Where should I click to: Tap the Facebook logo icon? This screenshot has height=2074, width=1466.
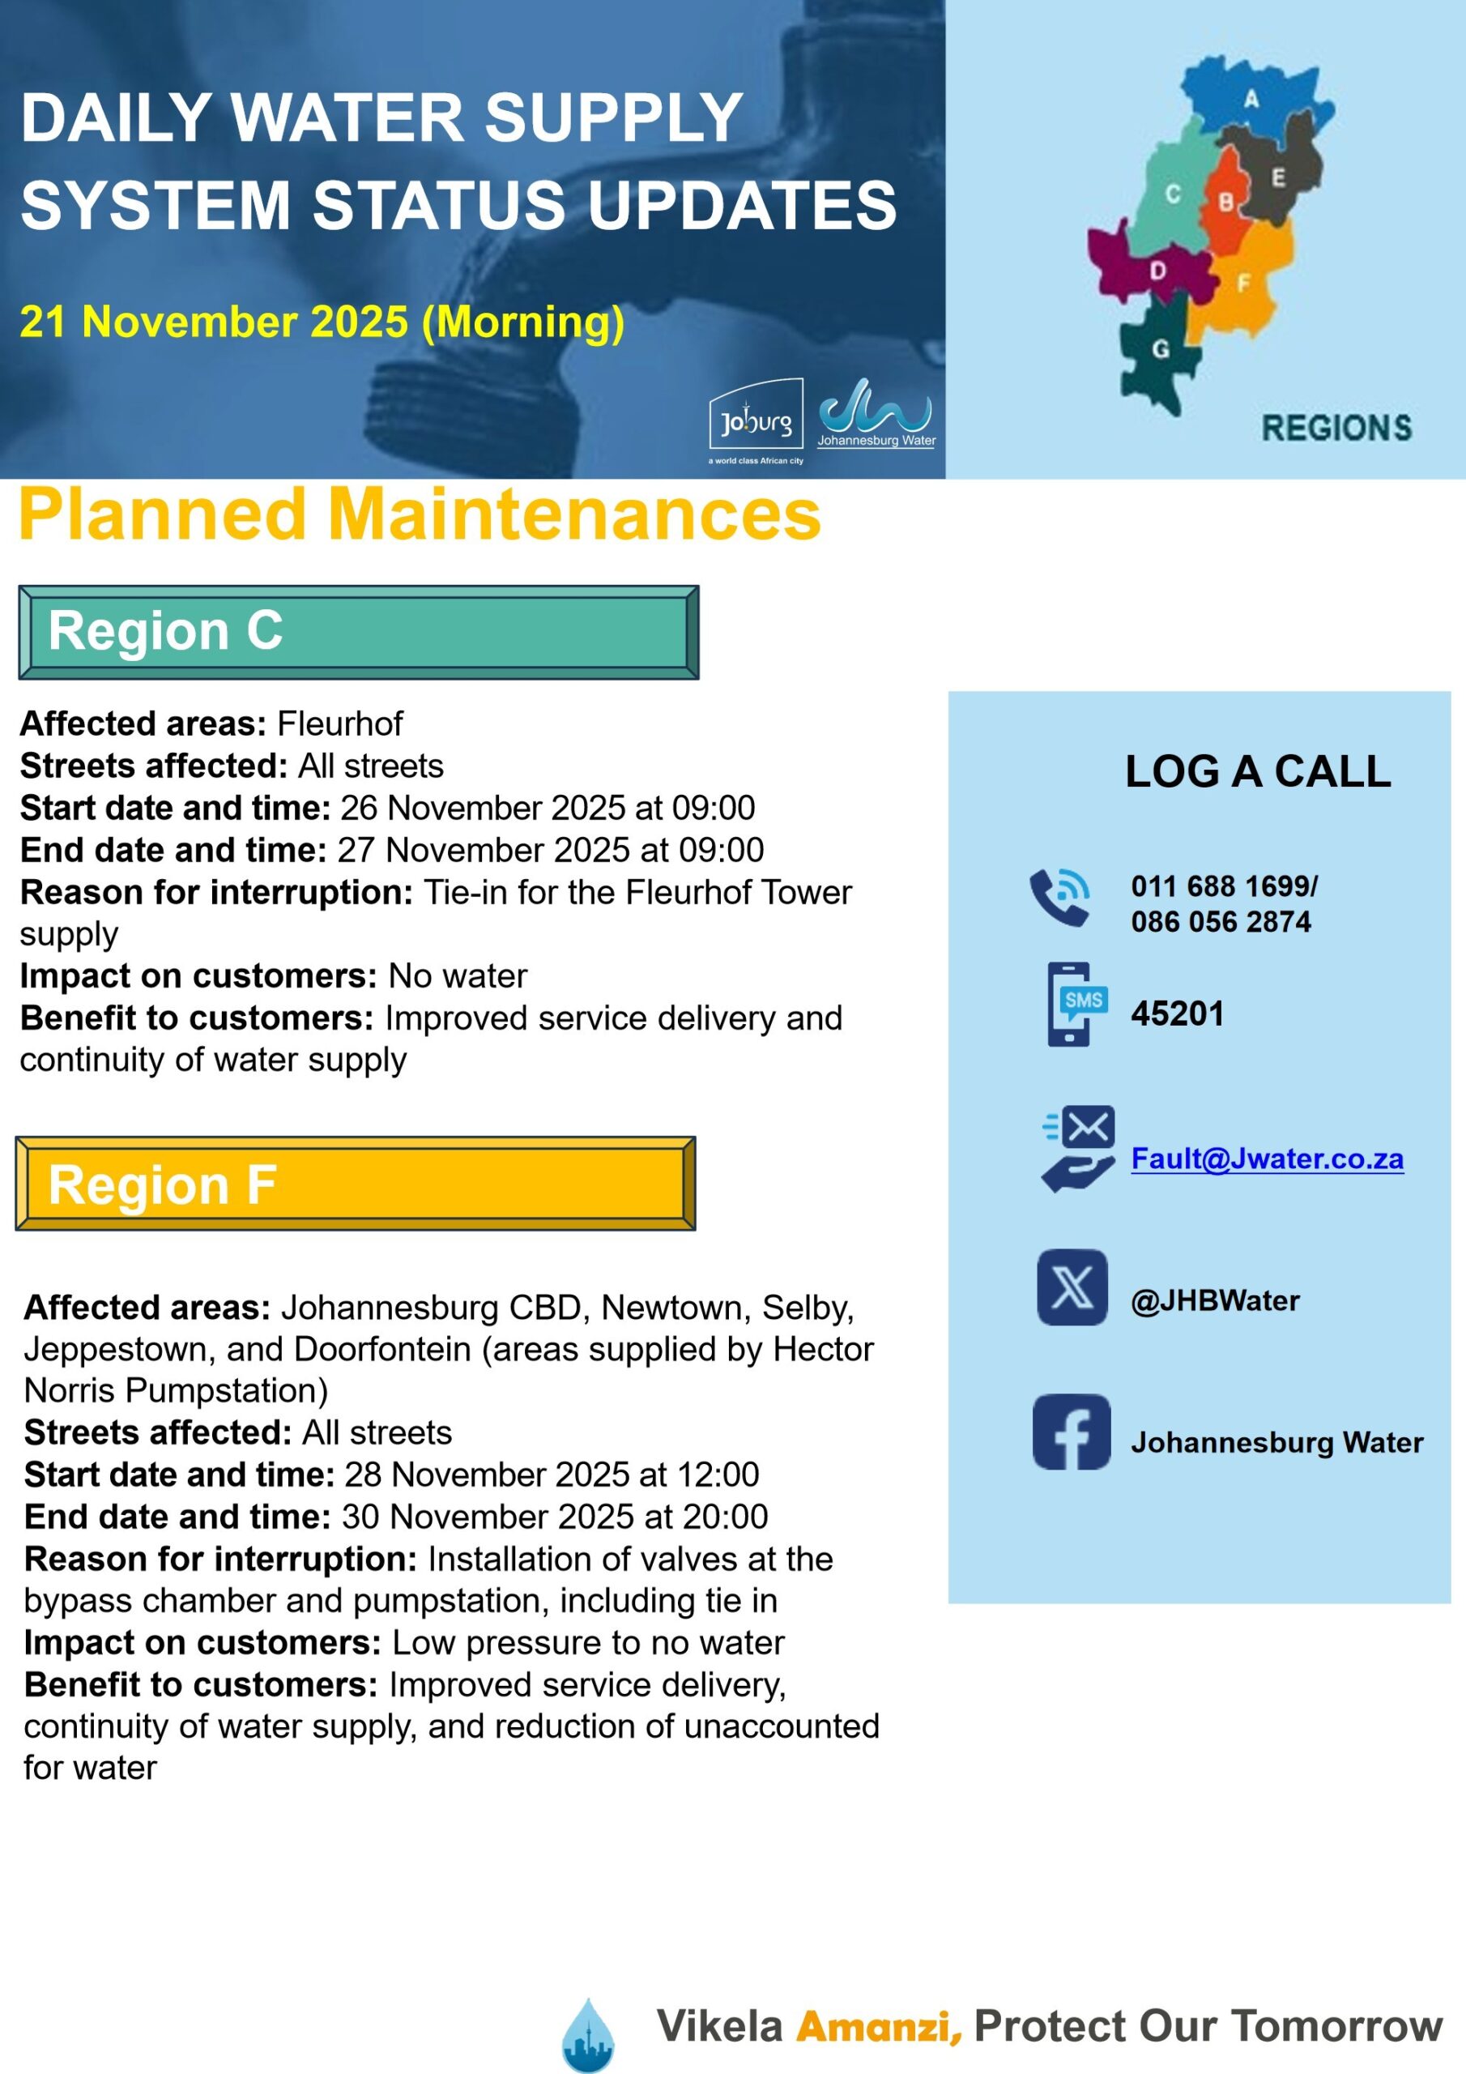[x=1072, y=1432]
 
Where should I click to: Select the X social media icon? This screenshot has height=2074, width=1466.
[x=1072, y=1287]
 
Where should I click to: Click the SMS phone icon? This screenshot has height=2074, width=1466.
[x=1076, y=1005]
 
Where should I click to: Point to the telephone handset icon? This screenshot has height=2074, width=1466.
[x=1059, y=898]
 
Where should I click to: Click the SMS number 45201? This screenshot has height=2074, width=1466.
[x=1177, y=1014]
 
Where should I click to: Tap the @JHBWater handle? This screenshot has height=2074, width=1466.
[x=1214, y=1301]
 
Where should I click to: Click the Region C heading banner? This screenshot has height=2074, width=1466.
[x=359, y=631]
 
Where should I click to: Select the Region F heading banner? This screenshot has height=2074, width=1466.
[x=355, y=1184]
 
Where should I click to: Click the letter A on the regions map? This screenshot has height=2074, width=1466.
[x=1251, y=99]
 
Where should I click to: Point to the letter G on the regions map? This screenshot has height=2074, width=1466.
[x=1161, y=348]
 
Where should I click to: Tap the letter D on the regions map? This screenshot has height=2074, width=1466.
[x=1157, y=270]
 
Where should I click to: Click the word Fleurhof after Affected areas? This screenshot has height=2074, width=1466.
[x=339, y=723]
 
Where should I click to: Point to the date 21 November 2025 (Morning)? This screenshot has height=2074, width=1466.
[x=322, y=322]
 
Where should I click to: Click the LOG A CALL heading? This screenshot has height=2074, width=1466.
[x=1257, y=771]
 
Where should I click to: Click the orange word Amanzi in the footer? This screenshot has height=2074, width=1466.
[x=878, y=2025]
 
